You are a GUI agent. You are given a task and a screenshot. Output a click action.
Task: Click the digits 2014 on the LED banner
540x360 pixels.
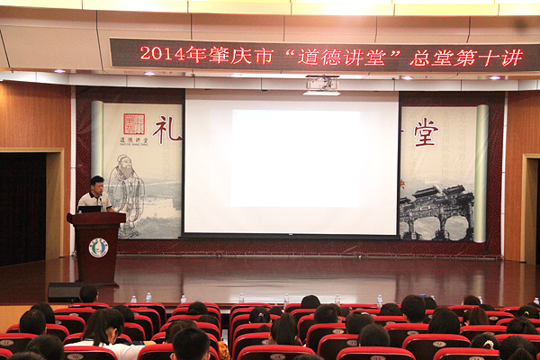click(x=159, y=55)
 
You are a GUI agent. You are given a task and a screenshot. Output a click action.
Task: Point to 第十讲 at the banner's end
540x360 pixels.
click(x=495, y=58)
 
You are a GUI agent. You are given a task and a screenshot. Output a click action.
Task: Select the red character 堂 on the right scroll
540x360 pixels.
click(x=426, y=132)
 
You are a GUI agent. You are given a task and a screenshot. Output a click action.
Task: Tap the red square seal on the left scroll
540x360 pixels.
click(x=133, y=123)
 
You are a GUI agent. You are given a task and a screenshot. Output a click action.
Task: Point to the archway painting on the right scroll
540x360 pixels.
click(x=436, y=212)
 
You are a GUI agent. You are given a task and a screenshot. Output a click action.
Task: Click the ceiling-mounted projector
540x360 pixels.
click(x=321, y=85)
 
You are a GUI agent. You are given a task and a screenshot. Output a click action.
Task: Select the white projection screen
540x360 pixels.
click(x=291, y=166)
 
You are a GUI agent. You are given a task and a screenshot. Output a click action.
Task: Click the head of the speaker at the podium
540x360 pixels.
click(x=96, y=183)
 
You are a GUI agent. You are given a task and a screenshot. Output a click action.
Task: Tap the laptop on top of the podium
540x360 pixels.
click(x=89, y=209)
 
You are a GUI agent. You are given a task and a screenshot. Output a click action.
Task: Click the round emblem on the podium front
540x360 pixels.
click(x=98, y=247)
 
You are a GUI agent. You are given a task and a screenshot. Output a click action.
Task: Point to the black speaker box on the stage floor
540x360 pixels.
click(x=65, y=292)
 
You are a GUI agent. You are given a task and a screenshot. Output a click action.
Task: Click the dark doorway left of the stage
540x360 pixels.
click(x=22, y=207)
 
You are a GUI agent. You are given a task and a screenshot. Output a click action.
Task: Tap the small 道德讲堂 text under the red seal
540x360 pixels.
click(x=133, y=140)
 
